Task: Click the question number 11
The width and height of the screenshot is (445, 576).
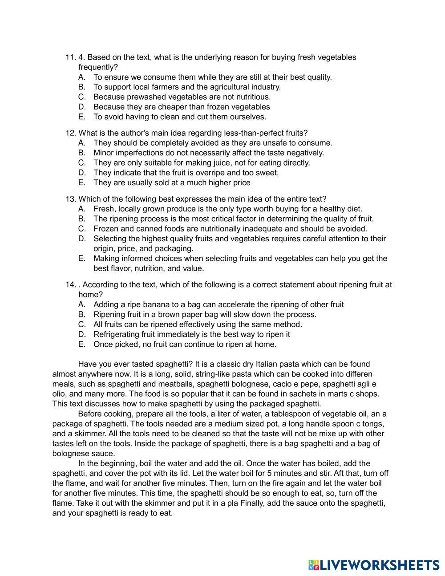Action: (x=70, y=57)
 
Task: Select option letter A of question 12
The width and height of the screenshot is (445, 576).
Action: (x=81, y=143)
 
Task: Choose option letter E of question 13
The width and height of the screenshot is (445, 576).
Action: (x=81, y=259)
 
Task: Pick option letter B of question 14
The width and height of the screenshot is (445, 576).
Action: (x=81, y=315)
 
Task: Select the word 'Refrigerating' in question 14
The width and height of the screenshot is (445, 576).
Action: (x=117, y=334)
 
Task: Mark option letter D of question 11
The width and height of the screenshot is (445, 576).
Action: (x=81, y=107)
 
